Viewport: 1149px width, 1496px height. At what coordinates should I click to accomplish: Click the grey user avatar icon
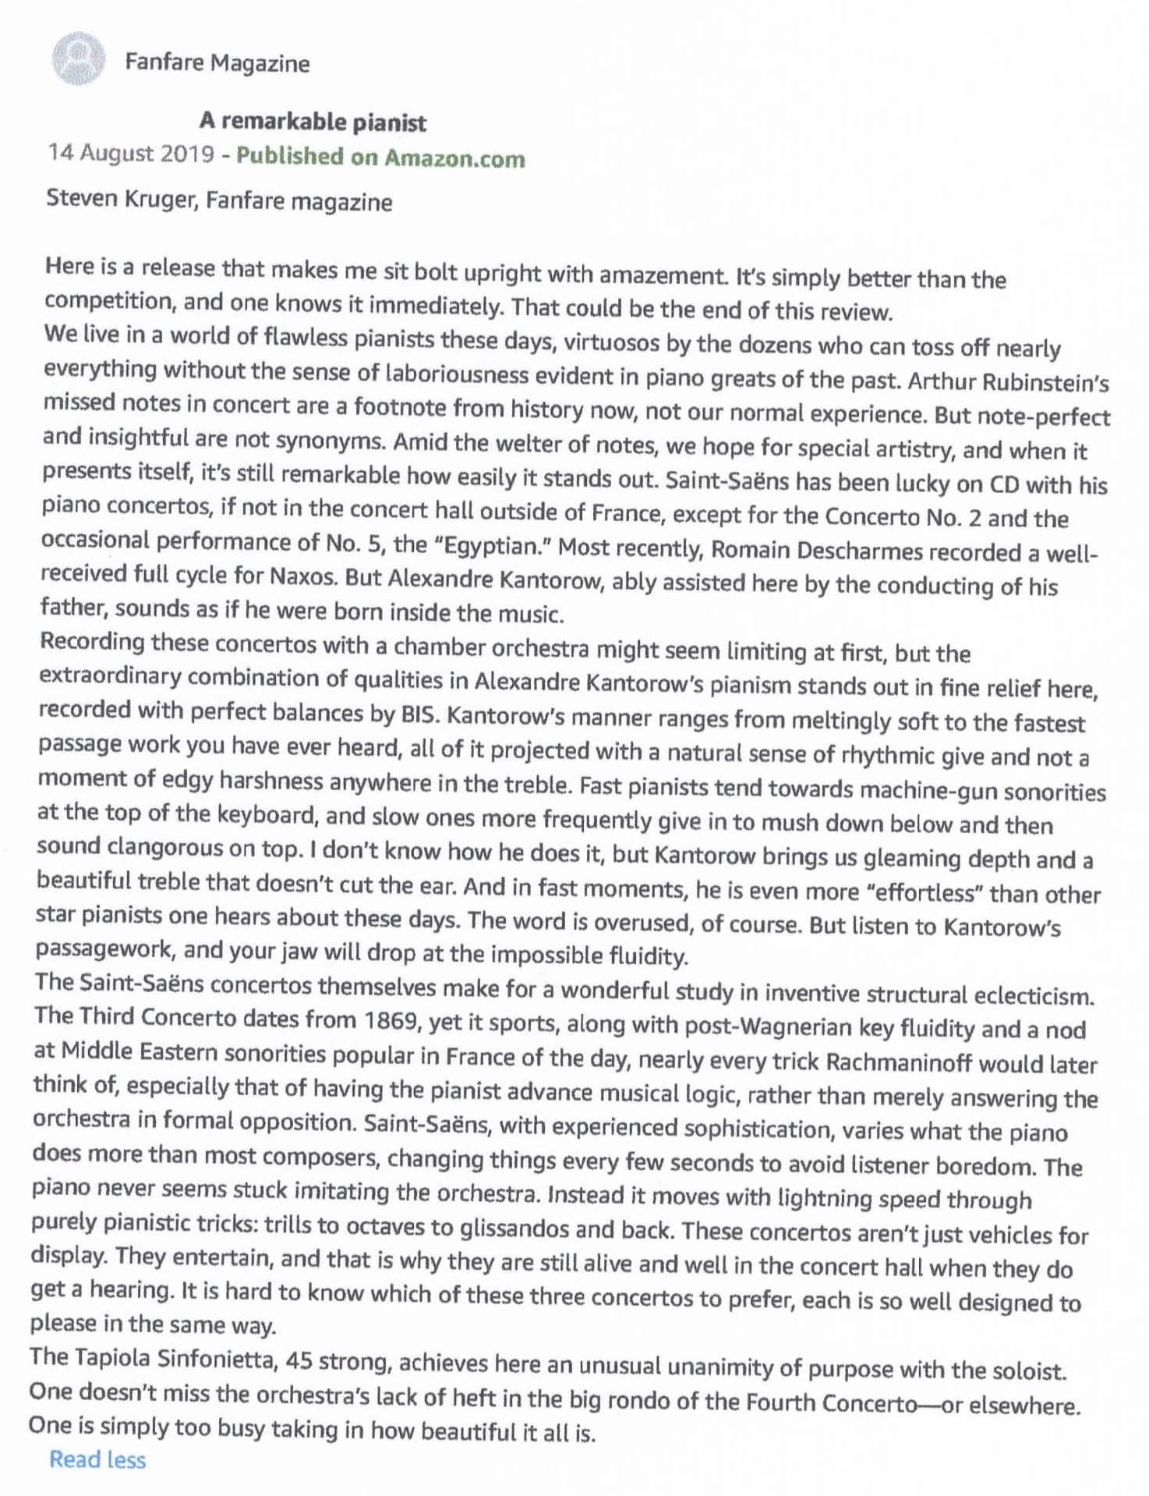(x=78, y=58)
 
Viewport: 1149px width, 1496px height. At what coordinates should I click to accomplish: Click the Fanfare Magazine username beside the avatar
(x=217, y=62)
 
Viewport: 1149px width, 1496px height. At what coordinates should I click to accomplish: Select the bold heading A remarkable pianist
(x=313, y=122)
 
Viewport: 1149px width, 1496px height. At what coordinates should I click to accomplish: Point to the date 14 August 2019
(x=130, y=153)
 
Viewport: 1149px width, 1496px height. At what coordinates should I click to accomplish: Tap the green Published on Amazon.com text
(x=380, y=157)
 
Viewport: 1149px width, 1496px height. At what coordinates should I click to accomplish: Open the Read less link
(x=97, y=1460)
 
